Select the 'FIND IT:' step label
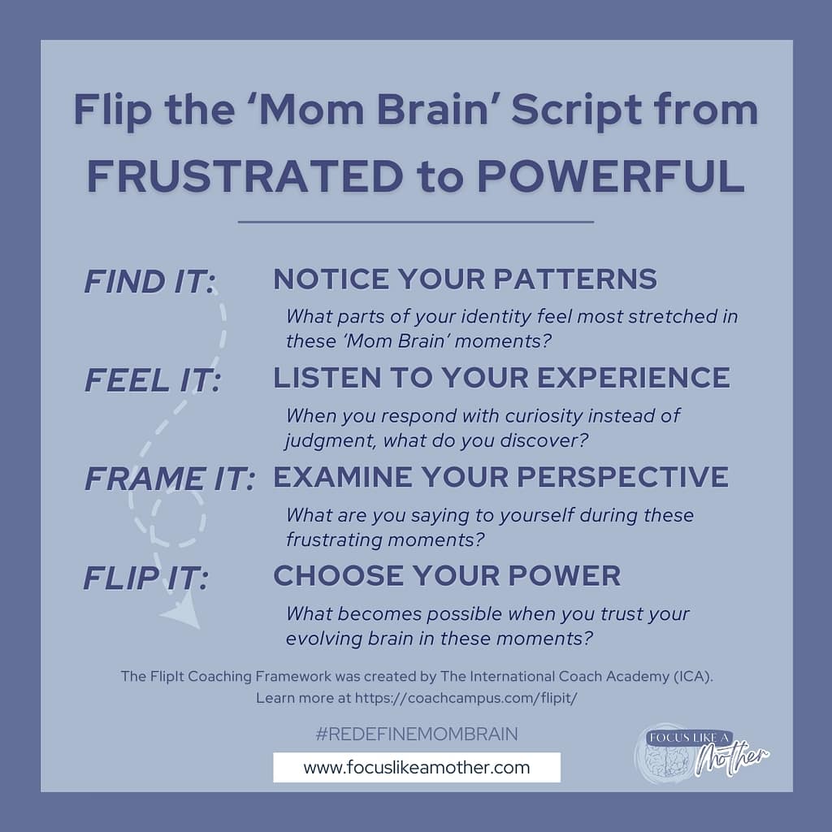149,283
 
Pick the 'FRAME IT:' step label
169,479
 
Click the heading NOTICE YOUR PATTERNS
465,279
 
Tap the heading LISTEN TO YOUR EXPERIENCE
501,378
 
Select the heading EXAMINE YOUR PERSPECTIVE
500,477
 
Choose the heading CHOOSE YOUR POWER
447,576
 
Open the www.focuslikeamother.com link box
416,767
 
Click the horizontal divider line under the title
416,221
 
